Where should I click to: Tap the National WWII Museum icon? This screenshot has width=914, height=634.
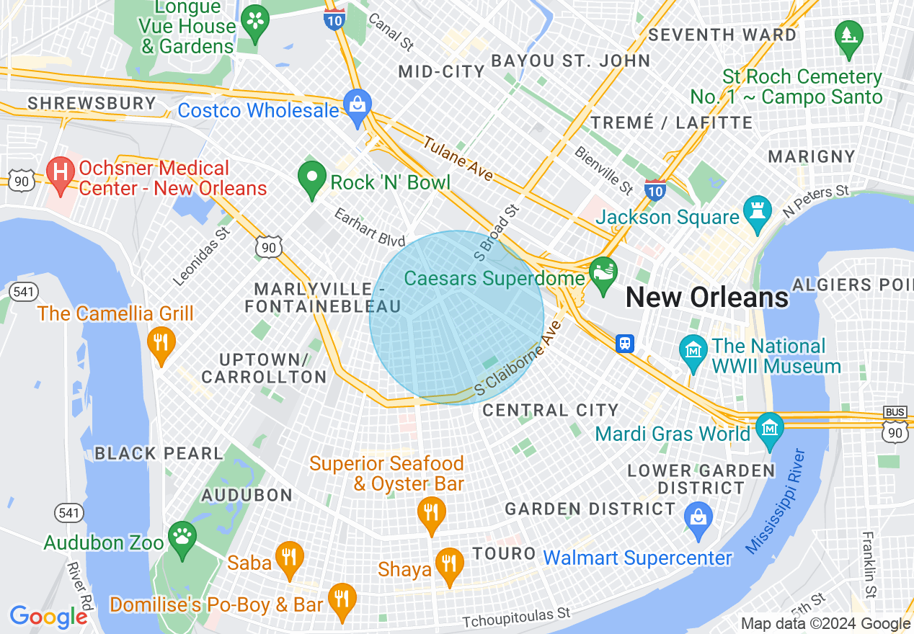coord(693,351)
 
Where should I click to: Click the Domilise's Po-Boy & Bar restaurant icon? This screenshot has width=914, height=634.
coord(342,599)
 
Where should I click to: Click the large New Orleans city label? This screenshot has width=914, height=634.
coord(706,298)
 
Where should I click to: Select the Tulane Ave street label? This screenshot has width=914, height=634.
coord(458,158)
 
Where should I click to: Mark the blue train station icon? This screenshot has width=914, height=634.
coord(625,344)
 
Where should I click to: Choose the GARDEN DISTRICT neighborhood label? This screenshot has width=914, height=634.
coord(590,509)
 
